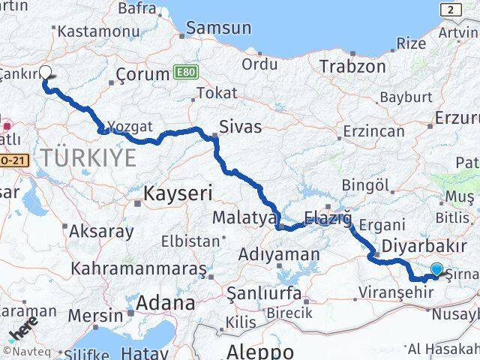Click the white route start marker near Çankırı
click(x=45, y=73)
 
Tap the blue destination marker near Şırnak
click(x=436, y=269)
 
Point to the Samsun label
click(x=218, y=28)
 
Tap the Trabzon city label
click(x=352, y=66)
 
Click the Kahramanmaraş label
click(x=138, y=268)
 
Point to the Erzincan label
click(x=373, y=131)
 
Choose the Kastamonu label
click(x=97, y=31)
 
